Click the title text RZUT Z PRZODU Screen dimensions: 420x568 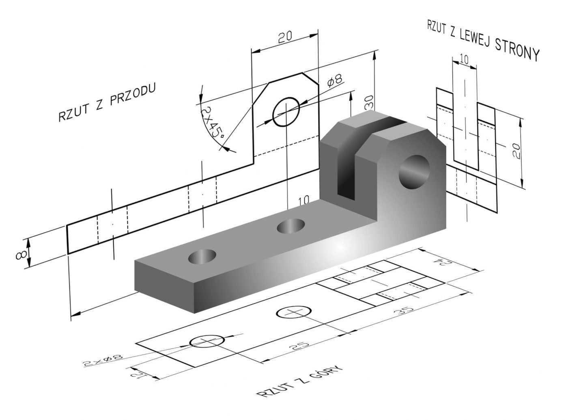(107, 104)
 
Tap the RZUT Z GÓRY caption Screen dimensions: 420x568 (300, 381)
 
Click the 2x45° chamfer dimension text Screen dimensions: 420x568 (212, 122)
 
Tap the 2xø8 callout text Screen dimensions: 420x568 (103, 360)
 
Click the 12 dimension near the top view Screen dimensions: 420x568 (138, 373)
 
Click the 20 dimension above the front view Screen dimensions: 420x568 (285, 38)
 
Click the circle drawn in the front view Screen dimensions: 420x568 (286, 111)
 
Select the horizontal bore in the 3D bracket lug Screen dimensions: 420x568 (414, 172)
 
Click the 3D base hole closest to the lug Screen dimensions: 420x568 (291, 226)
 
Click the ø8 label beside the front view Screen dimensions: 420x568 (336, 81)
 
